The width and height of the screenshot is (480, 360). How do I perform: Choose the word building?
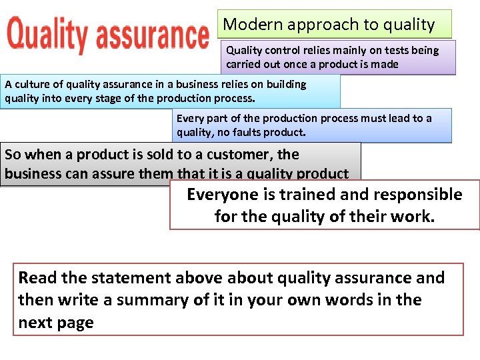pyautogui.click(x=285, y=84)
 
